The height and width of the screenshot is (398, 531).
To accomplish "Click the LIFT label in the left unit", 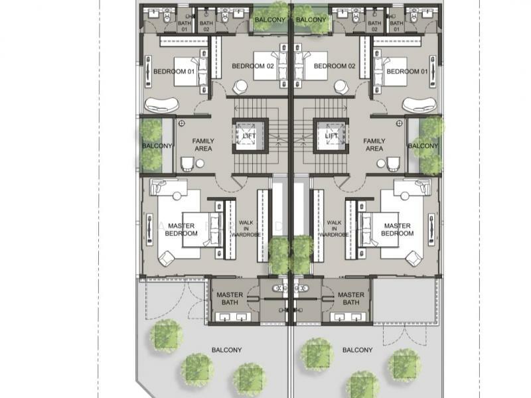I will tap(249, 136).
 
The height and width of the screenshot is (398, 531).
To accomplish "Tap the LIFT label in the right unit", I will tap(331, 136).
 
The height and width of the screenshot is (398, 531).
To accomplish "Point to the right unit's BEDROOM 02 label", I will tap(335, 66).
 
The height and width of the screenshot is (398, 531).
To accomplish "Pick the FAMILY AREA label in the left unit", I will tap(202, 145).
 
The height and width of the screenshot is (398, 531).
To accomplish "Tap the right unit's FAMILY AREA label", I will tap(374, 145).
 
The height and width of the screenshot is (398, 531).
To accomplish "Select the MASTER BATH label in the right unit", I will tap(350, 299).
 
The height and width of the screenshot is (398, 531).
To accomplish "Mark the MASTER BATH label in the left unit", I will tap(230, 299).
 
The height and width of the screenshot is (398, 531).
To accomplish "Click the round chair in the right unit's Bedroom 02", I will tap(341, 86).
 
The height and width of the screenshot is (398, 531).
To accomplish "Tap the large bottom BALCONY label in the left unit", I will tap(226, 350).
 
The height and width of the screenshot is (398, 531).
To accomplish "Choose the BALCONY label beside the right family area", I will tap(423, 146).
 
